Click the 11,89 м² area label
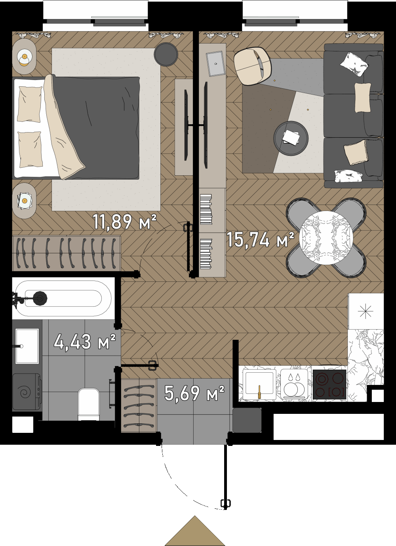click(124, 222)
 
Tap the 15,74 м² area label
click(260, 240)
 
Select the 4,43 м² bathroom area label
click(84, 342)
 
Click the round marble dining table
click(326, 238)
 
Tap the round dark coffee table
click(291, 138)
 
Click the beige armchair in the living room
click(252, 66)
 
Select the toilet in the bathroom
click(89, 404)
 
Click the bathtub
click(63, 298)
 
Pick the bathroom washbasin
click(27, 346)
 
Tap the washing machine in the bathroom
click(27, 392)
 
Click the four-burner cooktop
click(329, 385)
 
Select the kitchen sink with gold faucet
click(259, 384)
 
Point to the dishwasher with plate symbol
click(294, 385)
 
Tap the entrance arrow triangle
click(195, 531)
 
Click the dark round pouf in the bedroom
click(166, 54)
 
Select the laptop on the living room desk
click(215, 64)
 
